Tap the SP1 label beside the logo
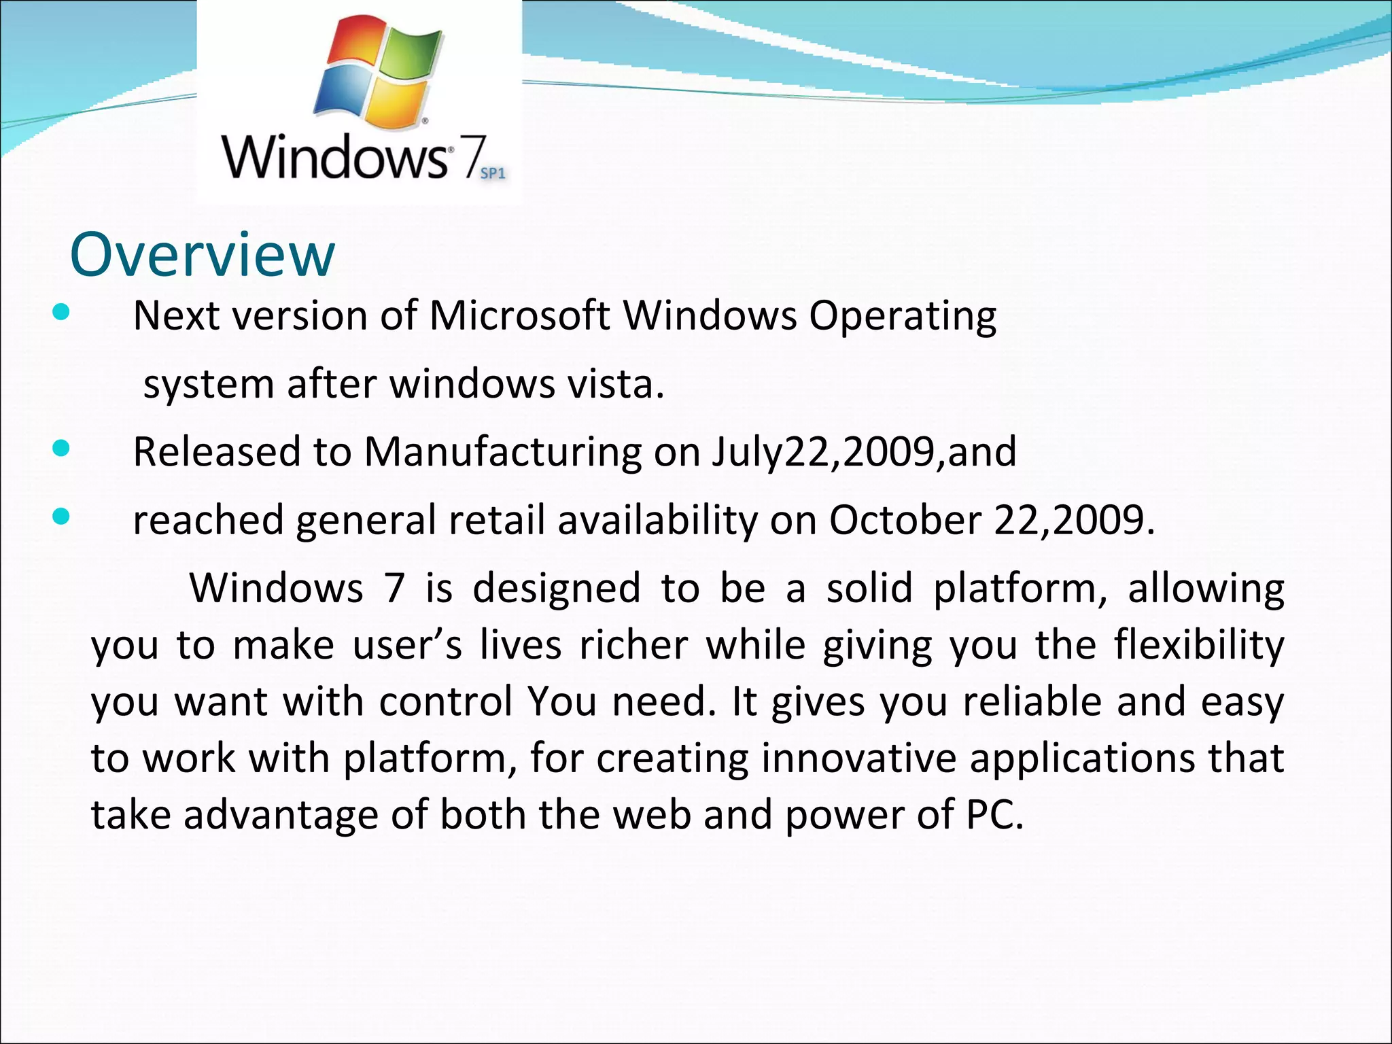(x=493, y=173)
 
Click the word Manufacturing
(x=503, y=452)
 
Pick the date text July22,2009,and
(x=864, y=452)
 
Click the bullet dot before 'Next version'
(x=61, y=313)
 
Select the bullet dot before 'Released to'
(x=61, y=449)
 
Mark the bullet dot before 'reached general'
(x=61, y=517)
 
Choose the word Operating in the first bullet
(x=903, y=316)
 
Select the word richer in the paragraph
(x=633, y=645)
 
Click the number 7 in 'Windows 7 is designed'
(x=394, y=588)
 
